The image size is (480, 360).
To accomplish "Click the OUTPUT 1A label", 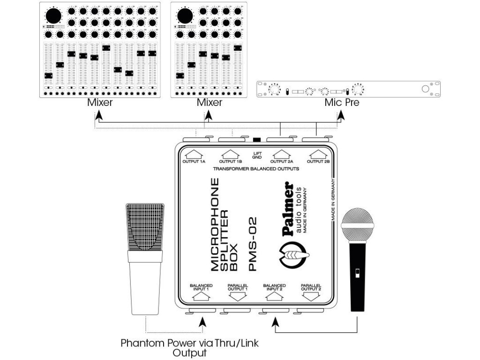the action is coord(194,162).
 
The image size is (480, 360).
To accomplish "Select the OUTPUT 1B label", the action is coord(230,162).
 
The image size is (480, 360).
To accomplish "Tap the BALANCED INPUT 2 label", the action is coord(274,287).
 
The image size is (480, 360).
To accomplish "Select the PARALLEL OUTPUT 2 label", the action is coord(311,287).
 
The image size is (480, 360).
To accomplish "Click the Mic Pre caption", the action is coord(342,102).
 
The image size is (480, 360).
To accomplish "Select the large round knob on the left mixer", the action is coord(53,15).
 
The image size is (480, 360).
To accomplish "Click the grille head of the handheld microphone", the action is coord(357,224).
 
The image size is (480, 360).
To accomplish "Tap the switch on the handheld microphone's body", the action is coord(357,273).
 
